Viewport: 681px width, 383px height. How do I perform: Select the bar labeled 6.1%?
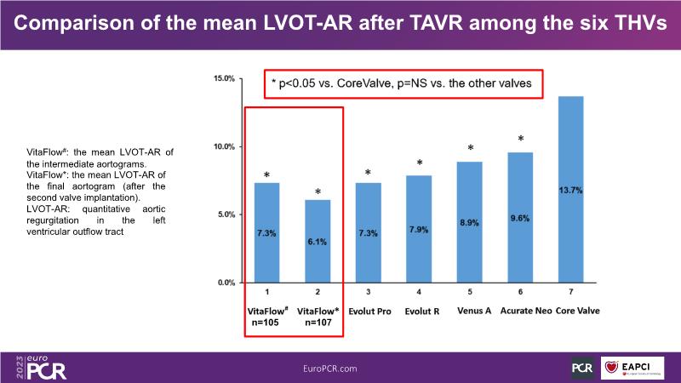click(x=318, y=241)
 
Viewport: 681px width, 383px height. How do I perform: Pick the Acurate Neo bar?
click(x=520, y=217)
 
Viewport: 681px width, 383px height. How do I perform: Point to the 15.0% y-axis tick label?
click(x=224, y=78)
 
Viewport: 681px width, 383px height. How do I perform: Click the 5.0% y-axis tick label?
click(x=226, y=214)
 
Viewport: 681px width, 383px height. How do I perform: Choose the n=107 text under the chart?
click(x=318, y=324)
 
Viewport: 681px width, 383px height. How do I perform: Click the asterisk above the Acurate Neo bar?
click(x=521, y=139)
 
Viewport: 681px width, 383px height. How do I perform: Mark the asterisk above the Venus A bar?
click(x=470, y=149)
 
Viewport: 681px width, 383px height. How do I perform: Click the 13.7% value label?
click(x=570, y=191)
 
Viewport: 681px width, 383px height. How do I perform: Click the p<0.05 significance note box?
click(x=403, y=83)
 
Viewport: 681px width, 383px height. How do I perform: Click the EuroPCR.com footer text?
click(x=340, y=367)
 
